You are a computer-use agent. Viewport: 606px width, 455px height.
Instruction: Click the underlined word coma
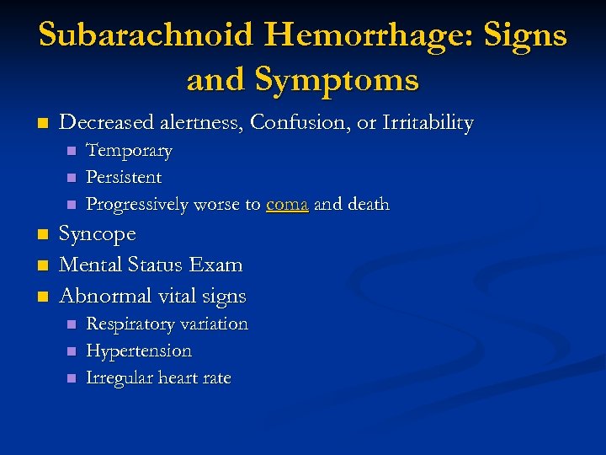click(287, 205)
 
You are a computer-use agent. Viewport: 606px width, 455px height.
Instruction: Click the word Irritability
click(428, 123)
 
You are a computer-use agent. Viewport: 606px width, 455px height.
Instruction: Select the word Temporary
click(129, 152)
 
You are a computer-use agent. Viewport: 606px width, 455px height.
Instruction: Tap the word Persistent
click(124, 178)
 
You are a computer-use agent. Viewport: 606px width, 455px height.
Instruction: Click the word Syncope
click(98, 234)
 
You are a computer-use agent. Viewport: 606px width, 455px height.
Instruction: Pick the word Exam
click(215, 265)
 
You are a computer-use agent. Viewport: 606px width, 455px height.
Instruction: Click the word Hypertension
click(139, 351)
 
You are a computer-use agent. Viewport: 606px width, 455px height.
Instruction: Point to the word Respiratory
click(129, 324)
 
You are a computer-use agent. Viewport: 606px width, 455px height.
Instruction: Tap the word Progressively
click(138, 205)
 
